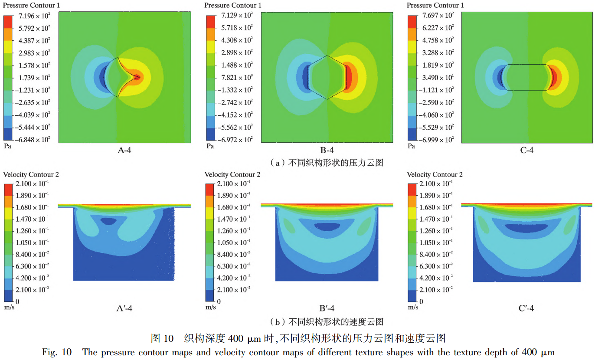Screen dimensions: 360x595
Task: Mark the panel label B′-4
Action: [x=327, y=308]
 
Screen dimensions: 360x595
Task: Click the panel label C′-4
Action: [x=526, y=308]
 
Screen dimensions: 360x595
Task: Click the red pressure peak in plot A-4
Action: [x=137, y=78]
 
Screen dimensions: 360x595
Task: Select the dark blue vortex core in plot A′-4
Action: [x=108, y=221]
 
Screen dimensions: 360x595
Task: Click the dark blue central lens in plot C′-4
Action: [x=526, y=226]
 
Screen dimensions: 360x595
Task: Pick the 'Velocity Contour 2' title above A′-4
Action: [x=31, y=174]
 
